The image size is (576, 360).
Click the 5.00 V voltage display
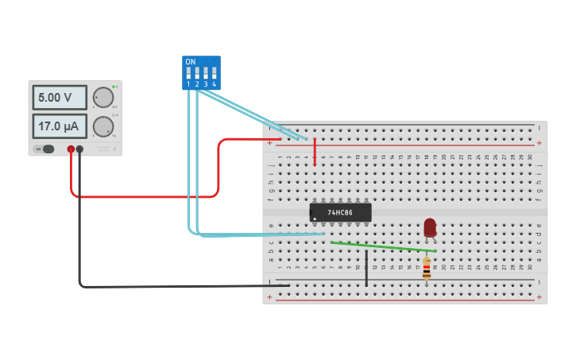[x=59, y=98]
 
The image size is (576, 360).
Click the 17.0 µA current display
[x=59, y=126]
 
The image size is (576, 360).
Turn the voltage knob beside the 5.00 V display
[x=102, y=97]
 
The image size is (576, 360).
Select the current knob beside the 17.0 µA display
[x=102, y=126]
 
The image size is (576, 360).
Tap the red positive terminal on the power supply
[x=71, y=149]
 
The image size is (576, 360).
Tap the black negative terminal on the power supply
[x=79, y=149]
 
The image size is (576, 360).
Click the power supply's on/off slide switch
[x=47, y=149]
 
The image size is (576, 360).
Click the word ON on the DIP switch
[x=190, y=62]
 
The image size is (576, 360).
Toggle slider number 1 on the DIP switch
[x=189, y=73]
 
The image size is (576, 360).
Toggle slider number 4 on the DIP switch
[x=214, y=73]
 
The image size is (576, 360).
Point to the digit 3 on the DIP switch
[x=206, y=83]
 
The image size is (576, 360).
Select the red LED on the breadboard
[x=430, y=226]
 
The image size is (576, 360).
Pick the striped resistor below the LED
[x=427, y=268]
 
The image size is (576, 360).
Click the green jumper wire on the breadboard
[x=381, y=246]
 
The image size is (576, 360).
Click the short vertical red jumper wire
[x=315, y=152]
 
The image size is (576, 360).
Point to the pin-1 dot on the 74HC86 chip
[x=315, y=219]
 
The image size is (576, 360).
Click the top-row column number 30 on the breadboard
[x=530, y=157]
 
